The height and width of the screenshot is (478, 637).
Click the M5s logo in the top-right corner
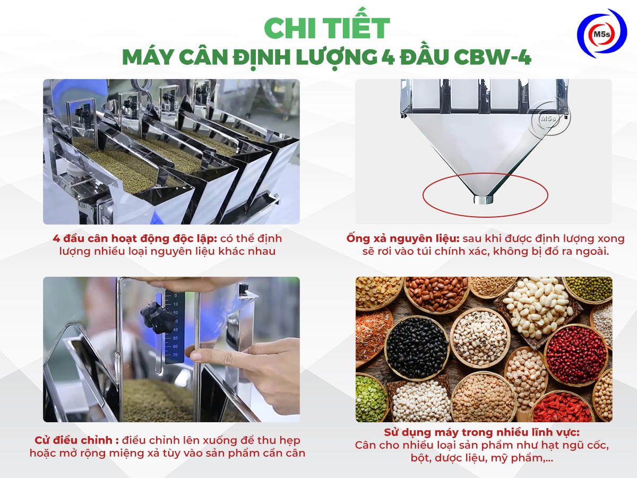click(601, 33)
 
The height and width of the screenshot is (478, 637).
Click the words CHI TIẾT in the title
click(326, 29)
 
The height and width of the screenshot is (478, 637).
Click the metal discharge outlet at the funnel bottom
click(483, 200)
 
